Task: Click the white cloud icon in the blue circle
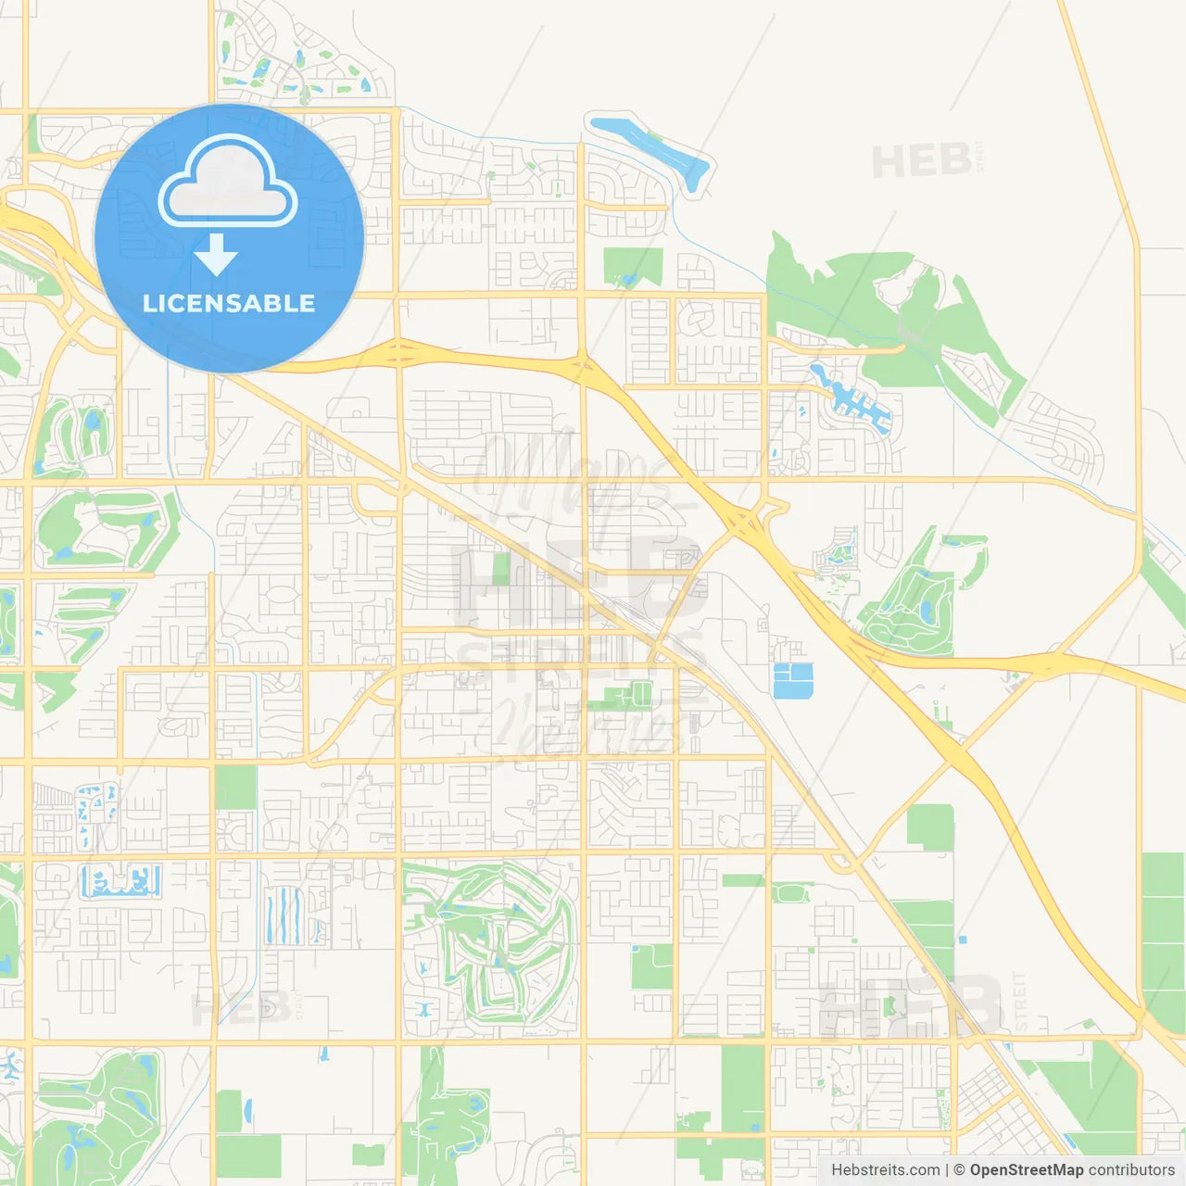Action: pos(228,183)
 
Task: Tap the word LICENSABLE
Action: pos(229,303)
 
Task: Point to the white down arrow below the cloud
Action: pos(216,255)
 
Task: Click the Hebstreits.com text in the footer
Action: pos(886,1170)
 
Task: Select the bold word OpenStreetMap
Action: pos(1027,1170)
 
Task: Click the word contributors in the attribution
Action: pos(1131,1170)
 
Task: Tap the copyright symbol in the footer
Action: pos(959,1170)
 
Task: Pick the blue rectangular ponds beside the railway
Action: pos(792,680)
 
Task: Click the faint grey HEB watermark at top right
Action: pos(922,162)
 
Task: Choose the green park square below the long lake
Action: pos(633,266)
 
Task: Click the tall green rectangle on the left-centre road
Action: pos(235,788)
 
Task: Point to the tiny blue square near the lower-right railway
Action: pos(963,940)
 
